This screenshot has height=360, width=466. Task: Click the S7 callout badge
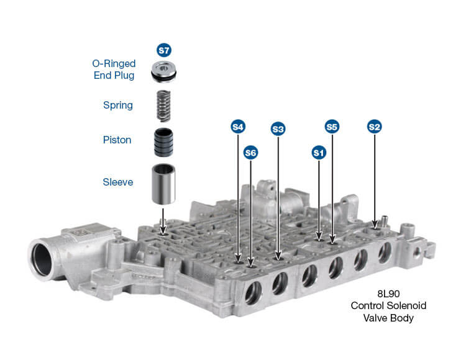[x=164, y=50]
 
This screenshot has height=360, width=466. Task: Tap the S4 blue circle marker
[x=238, y=127]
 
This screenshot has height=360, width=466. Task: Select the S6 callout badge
[x=250, y=153]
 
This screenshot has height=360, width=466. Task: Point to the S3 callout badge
[x=278, y=129]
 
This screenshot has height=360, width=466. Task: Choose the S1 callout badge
[x=319, y=153]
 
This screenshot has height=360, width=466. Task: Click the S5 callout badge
[x=332, y=127]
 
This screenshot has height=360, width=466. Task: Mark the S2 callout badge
[x=374, y=127]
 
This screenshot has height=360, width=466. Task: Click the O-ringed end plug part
[x=163, y=71]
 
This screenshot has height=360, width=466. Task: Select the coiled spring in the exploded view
[x=163, y=106]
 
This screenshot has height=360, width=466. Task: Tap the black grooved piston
[x=163, y=143]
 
